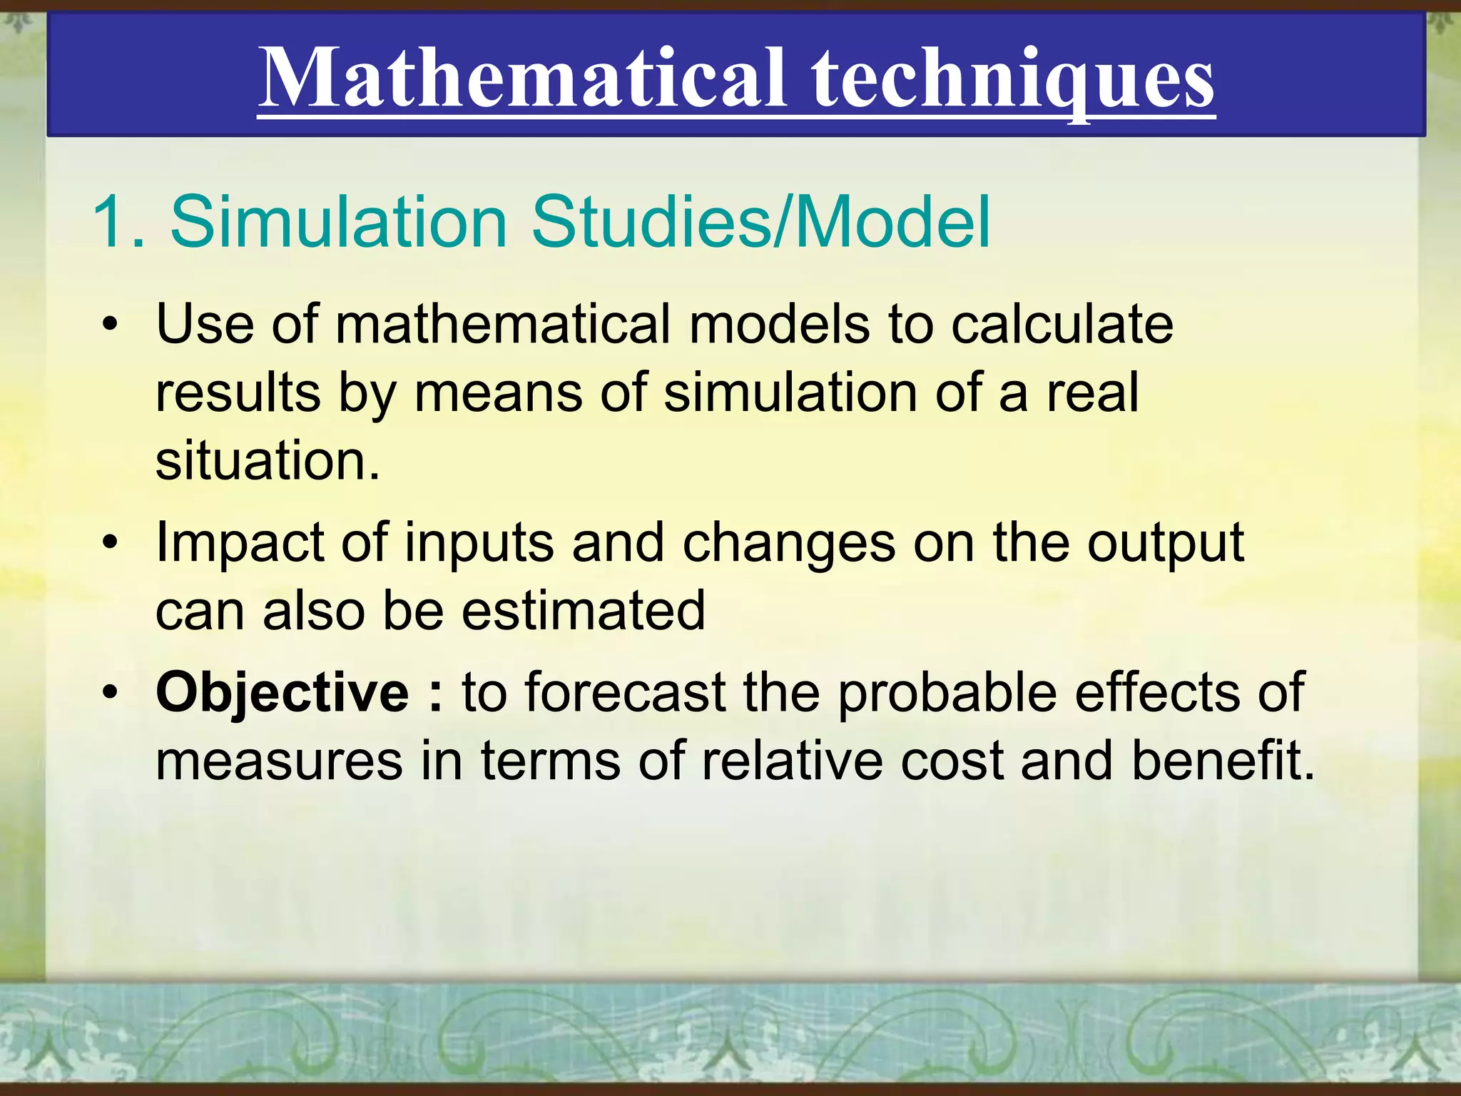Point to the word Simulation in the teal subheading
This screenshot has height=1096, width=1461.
[x=338, y=223]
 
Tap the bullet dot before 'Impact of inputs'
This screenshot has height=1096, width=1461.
[x=108, y=544]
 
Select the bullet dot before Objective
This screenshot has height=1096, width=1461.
[x=108, y=692]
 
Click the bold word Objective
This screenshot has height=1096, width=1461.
[x=282, y=692]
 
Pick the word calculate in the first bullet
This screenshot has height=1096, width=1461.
[x=1062, y=325]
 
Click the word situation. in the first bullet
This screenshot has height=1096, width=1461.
[x=268, y=461]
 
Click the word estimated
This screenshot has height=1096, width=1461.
[x=584, y=611]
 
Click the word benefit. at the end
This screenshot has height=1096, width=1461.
[x=1223, y=761]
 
